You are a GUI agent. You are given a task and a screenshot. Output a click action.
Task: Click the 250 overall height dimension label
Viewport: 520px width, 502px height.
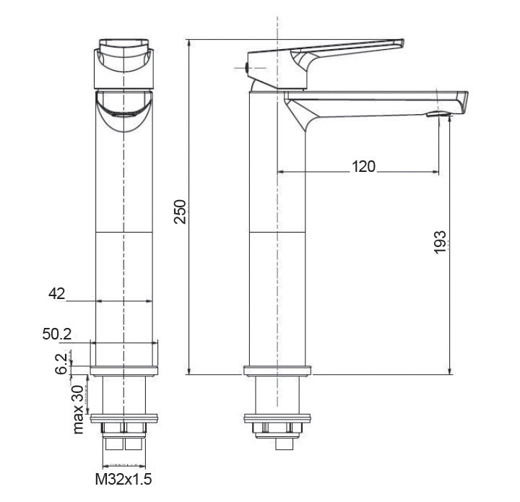point(181,211)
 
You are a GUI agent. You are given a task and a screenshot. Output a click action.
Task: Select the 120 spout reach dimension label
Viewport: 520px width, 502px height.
point(363,167)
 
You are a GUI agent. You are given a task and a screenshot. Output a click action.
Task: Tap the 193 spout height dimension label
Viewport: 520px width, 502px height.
point(441,241)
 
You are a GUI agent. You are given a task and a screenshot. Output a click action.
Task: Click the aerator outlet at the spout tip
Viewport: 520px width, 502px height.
point(438,114)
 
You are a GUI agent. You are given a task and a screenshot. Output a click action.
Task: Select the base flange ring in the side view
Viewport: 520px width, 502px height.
point(278,372)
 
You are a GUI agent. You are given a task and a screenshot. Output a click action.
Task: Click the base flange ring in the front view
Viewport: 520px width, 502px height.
point(124,372)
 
